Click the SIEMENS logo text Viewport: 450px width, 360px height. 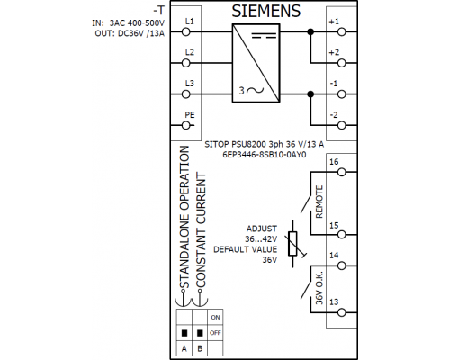(x=265, y=11)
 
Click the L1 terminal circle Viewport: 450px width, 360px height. (x=186, y=31)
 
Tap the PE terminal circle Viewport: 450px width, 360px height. (x=186, y=125)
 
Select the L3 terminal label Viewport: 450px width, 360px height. (x=190, y=83)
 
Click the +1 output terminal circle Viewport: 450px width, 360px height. (x=342, y=31)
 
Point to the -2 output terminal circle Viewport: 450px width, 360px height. (x=342, y=125)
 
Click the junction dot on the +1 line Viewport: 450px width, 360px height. (x=310, y=31)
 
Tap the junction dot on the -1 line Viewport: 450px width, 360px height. (x=310, y=94)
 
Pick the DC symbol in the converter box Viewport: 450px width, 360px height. (x=264, y=36)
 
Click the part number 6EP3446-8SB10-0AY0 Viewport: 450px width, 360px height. (x=265, y=155)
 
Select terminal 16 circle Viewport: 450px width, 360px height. (x=342, y=172)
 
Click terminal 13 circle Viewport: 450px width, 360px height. (x=342, y=312)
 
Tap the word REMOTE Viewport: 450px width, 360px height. (x=319, y=202)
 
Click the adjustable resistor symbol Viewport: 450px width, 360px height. (x=292, y=244)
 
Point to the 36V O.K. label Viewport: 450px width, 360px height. (x=319, y=288)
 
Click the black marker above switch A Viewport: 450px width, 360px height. (x=184, y=333)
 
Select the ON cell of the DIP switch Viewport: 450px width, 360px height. (x=215, y=317)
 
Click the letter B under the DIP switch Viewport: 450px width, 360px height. (x=200, y=348)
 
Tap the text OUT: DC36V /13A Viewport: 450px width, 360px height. (x=130, y=33)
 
